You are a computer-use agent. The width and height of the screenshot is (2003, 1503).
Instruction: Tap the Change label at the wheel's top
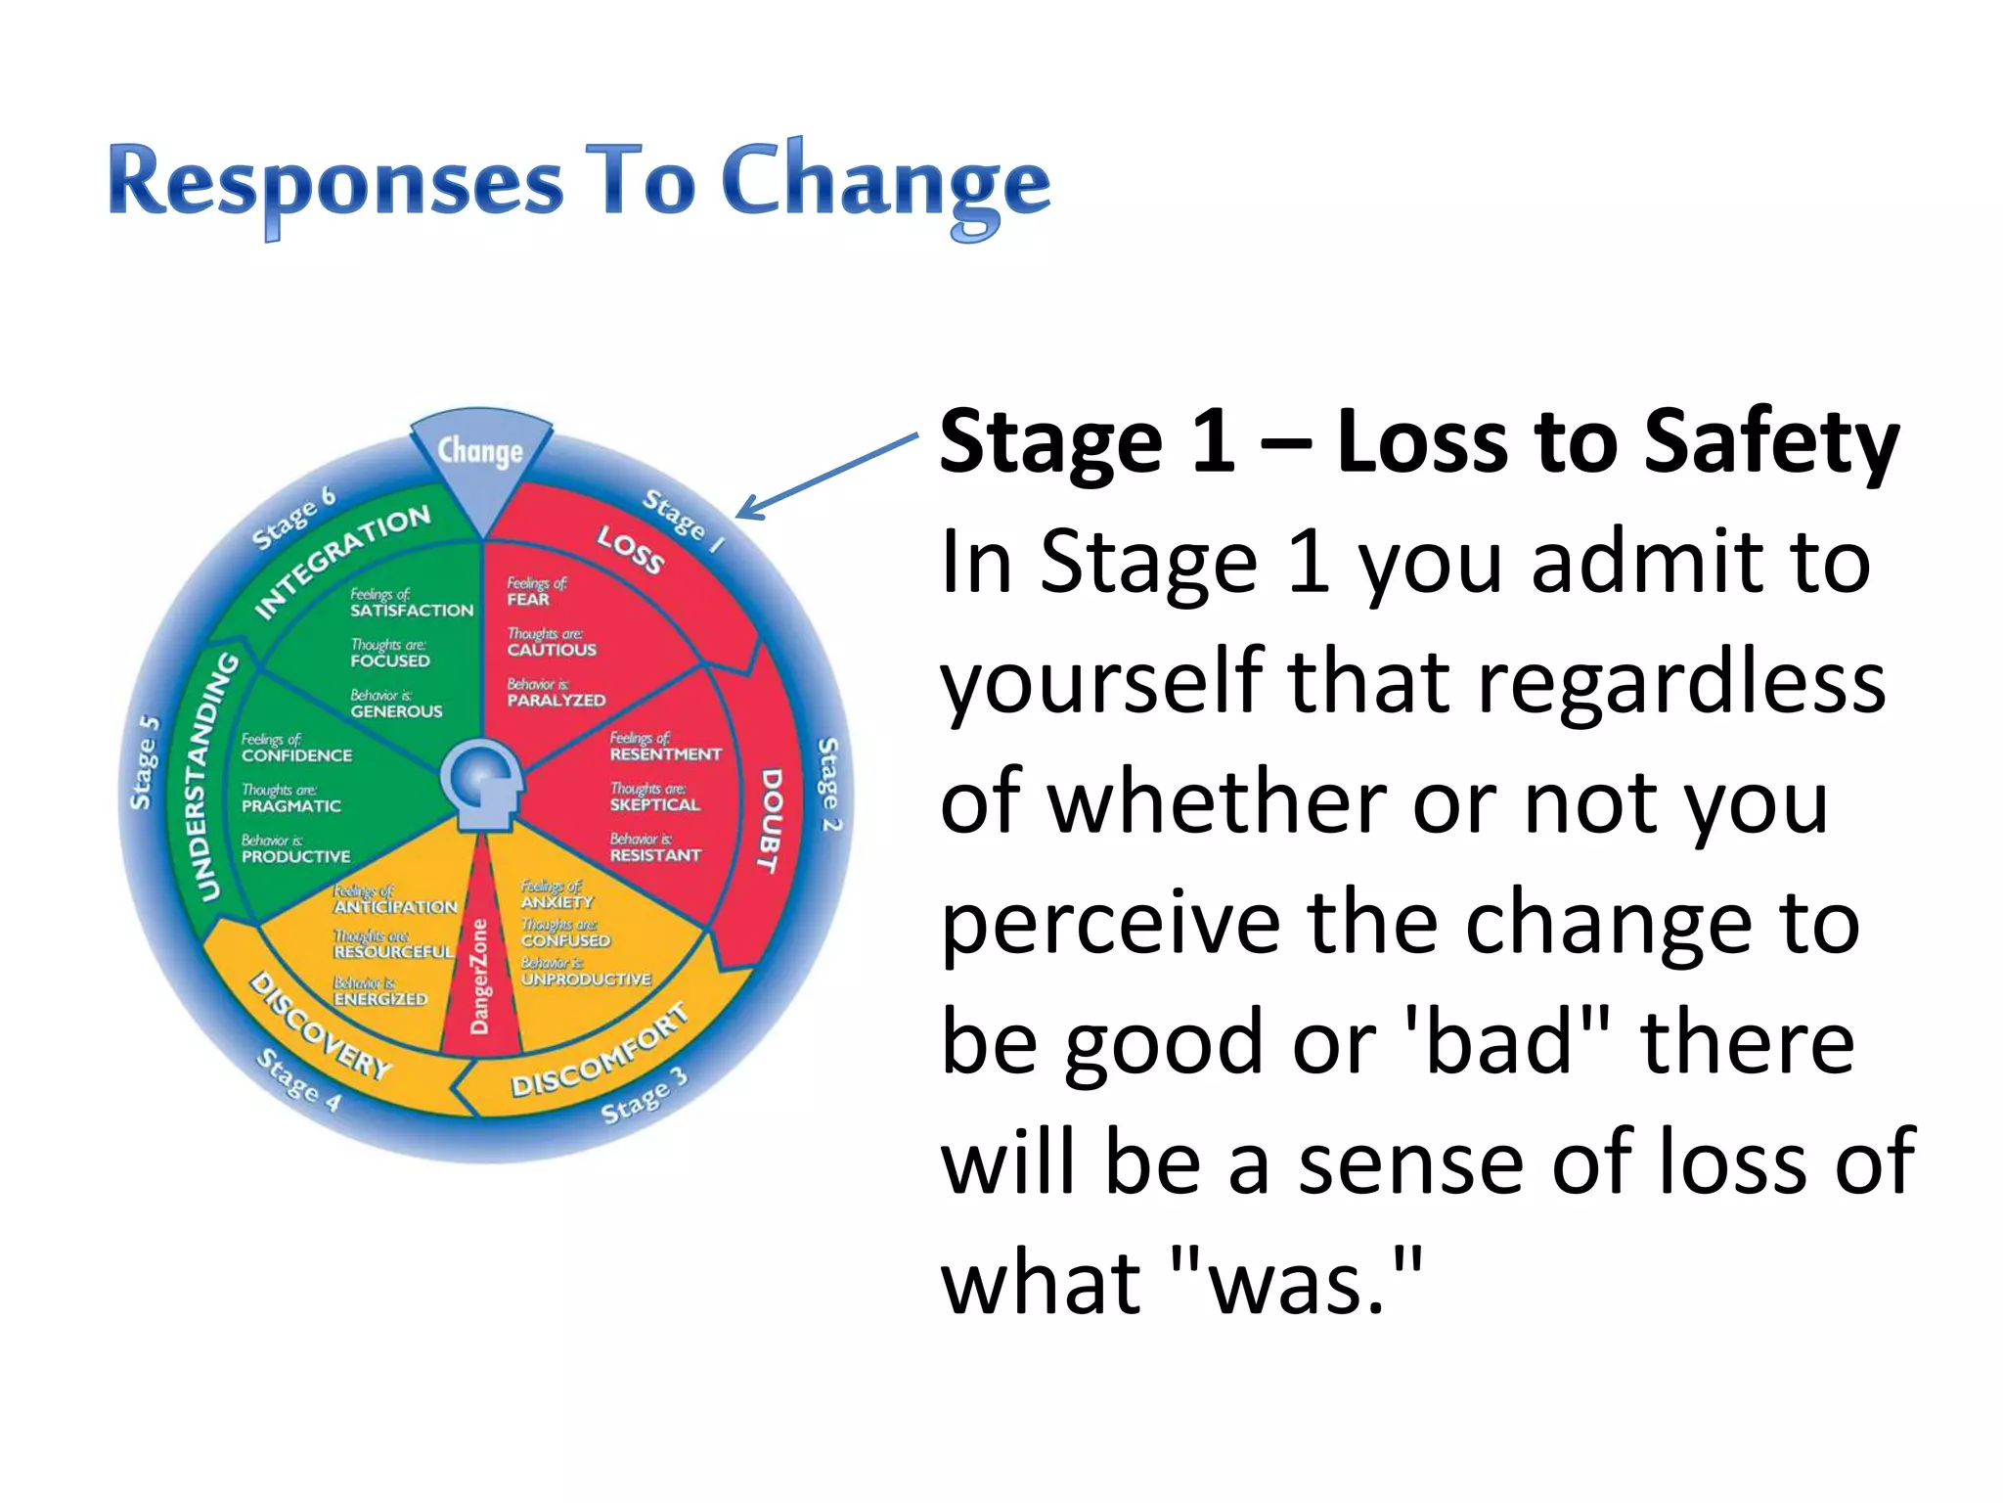480,451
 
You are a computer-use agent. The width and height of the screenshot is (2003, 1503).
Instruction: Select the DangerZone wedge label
479,977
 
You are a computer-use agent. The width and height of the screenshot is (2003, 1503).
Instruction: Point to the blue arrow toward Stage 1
826,477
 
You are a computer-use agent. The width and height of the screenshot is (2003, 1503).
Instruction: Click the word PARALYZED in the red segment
556,701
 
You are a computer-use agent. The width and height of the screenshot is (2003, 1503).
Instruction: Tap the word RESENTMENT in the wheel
665,754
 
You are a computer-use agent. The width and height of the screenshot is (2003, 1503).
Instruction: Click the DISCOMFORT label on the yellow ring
600,1052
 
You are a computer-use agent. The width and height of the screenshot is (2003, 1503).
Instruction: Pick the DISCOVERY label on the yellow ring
320,1025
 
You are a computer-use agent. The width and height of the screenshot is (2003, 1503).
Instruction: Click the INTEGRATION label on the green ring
341,562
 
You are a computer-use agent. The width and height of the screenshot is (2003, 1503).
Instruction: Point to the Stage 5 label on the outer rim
145,763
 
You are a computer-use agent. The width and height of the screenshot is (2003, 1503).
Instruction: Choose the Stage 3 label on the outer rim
644,1096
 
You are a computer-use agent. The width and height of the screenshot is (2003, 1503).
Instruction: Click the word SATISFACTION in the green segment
412,611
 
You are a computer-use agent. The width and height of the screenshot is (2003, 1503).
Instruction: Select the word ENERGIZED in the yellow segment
380,999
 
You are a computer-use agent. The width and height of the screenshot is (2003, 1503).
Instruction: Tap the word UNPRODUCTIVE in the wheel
586,979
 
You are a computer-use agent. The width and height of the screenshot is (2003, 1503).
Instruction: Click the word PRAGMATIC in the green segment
291,806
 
